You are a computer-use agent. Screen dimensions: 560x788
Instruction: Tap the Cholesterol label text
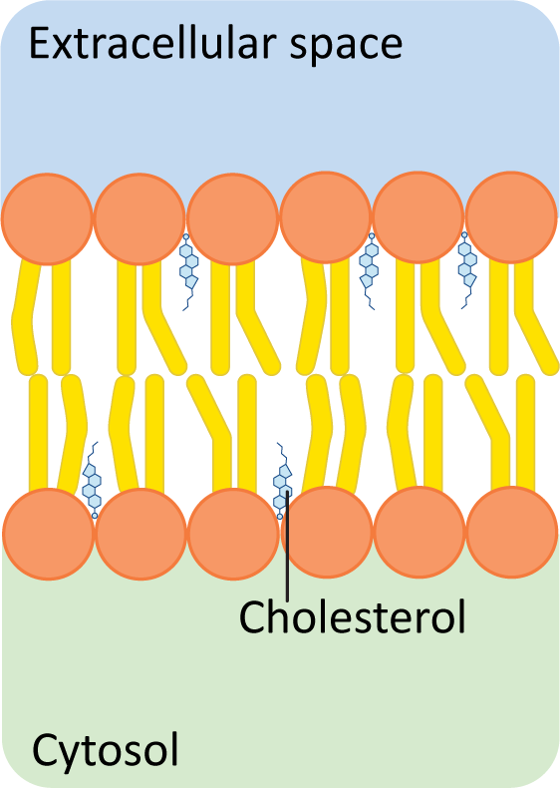point(352,616)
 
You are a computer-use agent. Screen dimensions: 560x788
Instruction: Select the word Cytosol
point(106,749)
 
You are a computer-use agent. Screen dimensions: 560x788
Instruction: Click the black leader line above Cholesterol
point(287,546)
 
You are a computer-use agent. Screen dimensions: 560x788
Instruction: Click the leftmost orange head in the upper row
point(47,218)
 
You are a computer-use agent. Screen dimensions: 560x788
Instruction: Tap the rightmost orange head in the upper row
point(511,217)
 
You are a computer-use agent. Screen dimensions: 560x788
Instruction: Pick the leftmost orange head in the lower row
point(49,534)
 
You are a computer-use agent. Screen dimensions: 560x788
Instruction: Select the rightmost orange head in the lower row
point(512,532)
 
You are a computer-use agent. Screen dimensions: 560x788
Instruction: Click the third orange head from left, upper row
point(232,218)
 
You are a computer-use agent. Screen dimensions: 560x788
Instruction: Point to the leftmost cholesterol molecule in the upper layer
point(188,272)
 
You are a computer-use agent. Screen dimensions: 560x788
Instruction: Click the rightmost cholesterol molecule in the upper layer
point(466,270)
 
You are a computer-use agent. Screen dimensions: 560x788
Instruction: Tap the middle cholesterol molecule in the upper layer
point(369,271)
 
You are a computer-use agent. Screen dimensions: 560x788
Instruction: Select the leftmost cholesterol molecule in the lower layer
point(92,480)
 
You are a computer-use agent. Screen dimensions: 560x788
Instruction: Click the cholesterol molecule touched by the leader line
point(282,481)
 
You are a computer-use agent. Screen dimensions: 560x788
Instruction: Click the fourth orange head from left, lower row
point(327,532)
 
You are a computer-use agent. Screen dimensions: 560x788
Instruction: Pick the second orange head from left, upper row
point(140,218)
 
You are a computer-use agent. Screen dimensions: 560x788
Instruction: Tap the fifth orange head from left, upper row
point(418,217)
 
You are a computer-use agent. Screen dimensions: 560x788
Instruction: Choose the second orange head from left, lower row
point(141,534)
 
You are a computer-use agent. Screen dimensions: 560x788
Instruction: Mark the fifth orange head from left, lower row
point(420,532)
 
